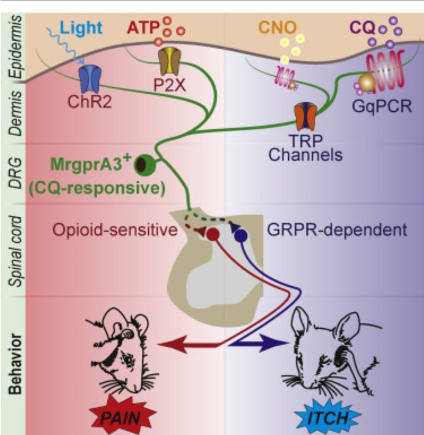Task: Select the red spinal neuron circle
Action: click(212, 234)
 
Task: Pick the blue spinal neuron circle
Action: click(241, 234)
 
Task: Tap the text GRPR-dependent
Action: click(336, 230)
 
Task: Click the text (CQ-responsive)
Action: click(97, 189)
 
